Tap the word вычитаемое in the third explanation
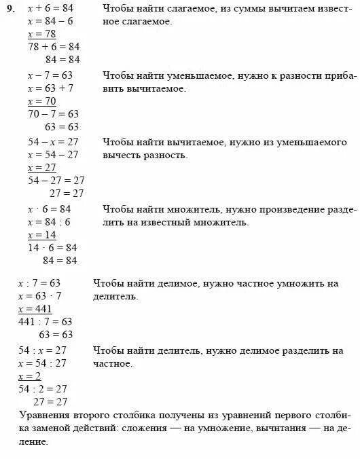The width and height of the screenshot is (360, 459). pyautogui.click(x=188, y=143)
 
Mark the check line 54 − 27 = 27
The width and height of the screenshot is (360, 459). pyautogui.click(x=56, y=181)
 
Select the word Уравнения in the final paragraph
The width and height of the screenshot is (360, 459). pyautogui.click(x=46, y=414)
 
